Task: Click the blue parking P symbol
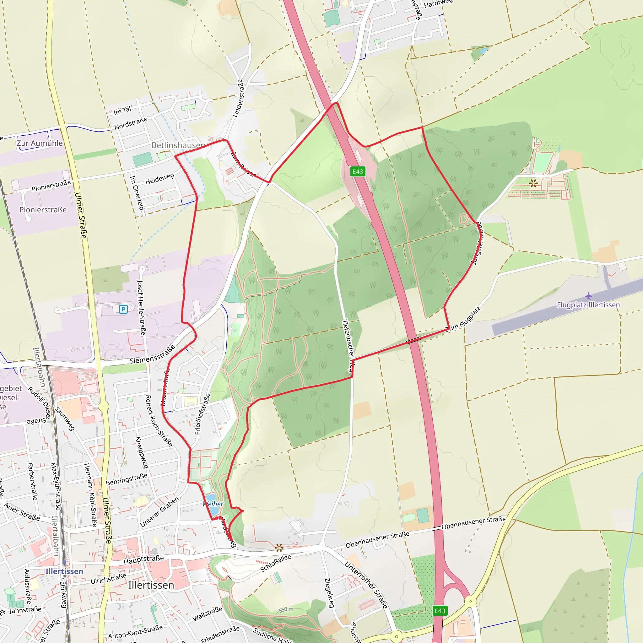123,309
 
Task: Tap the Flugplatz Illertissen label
588,305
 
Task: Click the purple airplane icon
588,295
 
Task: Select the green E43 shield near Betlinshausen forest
358,171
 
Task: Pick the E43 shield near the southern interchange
440,611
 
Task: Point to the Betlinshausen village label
178,145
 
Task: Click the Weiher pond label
213,504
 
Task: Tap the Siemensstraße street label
152,355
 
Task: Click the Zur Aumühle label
40,143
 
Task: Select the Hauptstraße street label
143,560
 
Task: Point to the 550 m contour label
286,609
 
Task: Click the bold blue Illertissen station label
64,571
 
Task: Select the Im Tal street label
122,111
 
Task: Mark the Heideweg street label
160,179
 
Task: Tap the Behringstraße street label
127,479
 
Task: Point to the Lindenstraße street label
238,98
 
